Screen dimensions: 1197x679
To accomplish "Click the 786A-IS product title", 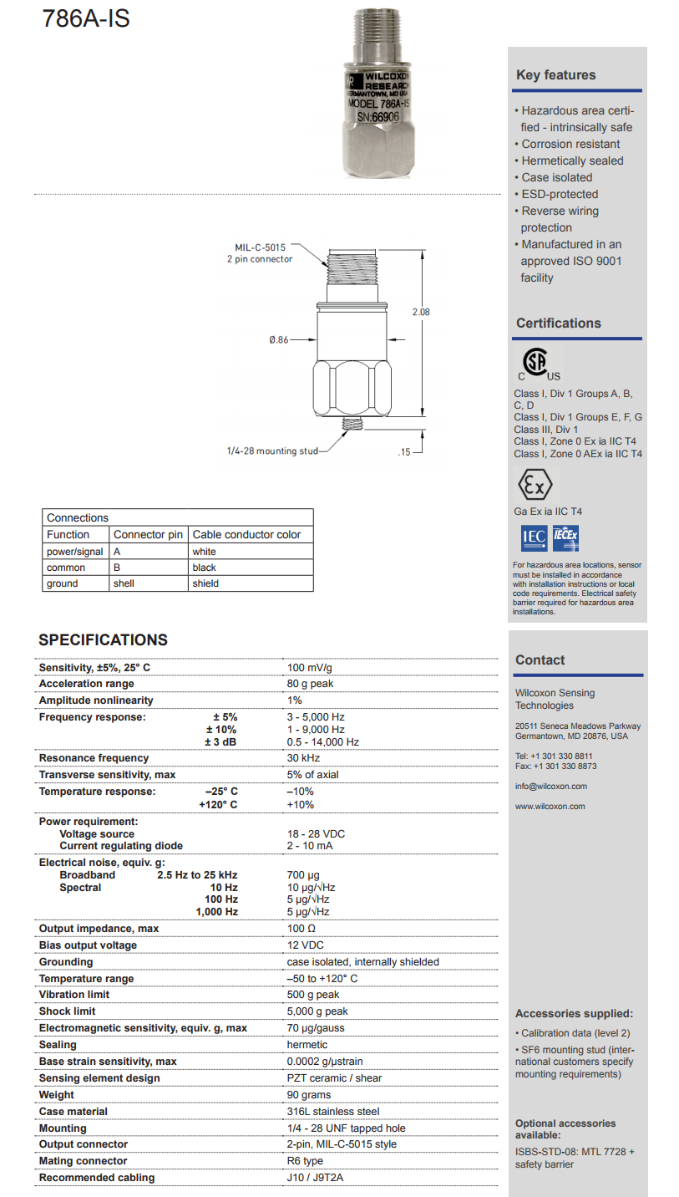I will tap(86, 18).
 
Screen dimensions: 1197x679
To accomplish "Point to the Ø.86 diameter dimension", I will tap(278, 339).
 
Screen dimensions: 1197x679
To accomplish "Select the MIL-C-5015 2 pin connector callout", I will tap(260, 253).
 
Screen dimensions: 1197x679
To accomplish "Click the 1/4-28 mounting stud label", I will tap(272, 451).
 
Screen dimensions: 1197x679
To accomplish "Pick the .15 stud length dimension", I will tap(404, 452).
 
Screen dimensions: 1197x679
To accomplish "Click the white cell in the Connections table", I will tap(204, 552).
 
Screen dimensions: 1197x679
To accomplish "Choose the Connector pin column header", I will tap(148, 535).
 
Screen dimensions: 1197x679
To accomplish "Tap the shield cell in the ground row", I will tap(205, 583).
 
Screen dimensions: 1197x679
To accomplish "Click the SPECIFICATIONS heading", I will tap(104, 640).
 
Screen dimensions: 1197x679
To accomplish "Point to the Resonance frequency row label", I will tap(94, 758).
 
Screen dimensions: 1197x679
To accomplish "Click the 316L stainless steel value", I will tap(333, 1112).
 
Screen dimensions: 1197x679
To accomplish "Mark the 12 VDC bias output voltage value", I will tap(306, 945).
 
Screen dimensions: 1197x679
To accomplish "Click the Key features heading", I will tap(556, 75).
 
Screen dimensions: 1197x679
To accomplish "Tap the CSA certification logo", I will tap(535, 363).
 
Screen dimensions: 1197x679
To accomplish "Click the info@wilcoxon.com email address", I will tap(551, 787).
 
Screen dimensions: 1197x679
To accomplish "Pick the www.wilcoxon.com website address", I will tap(550, 807).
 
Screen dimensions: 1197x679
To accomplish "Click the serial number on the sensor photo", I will tap(378, 118).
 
